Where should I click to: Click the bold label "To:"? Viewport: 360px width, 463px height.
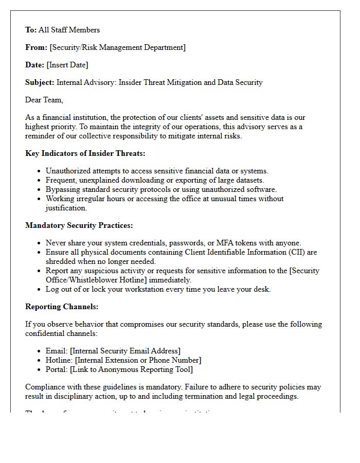point(31,30)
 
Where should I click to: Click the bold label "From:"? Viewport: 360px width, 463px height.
point(36,47)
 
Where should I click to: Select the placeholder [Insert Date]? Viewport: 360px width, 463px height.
point(67,65)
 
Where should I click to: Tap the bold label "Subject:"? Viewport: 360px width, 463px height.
point(40,82)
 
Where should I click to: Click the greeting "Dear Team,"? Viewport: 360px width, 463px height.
point(44,100)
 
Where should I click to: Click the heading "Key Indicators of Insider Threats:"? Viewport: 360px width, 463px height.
point(85,153)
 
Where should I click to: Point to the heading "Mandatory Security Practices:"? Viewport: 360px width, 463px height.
point(79,225)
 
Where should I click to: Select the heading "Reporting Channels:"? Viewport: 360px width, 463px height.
point(62,307)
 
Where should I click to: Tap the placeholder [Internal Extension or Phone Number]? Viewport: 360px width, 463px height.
point(136,360)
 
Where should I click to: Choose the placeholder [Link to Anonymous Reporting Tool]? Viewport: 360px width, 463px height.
point(132,369)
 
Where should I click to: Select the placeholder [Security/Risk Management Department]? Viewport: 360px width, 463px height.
point(117,47)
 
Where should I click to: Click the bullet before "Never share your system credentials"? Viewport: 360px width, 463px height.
point(40,243)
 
